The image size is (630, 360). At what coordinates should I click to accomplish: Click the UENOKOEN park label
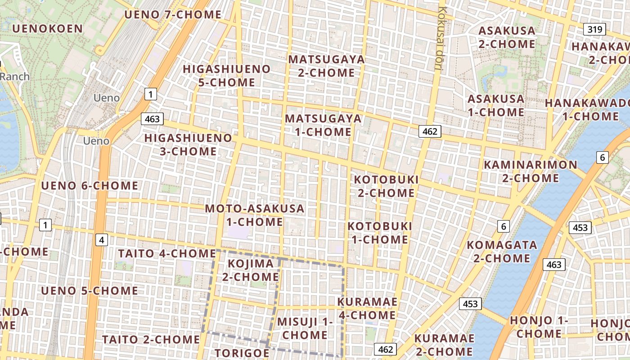48,29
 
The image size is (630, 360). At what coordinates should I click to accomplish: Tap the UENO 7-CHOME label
173,14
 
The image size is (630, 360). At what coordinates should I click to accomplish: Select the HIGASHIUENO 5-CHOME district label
226,76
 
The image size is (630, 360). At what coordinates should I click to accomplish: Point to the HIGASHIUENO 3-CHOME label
188,144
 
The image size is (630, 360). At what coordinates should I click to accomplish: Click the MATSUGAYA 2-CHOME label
326,66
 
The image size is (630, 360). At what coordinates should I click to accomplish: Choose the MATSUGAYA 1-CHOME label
323,125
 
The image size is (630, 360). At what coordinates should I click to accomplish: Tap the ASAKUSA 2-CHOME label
507,37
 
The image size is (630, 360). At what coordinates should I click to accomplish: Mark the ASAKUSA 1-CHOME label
496,105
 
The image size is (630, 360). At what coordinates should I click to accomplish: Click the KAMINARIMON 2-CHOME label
530,171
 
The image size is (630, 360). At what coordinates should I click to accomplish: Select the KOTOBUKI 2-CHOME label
386,186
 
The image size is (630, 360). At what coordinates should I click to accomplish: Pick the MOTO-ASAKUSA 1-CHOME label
255,215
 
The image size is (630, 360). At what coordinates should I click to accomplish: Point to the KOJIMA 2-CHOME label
251,270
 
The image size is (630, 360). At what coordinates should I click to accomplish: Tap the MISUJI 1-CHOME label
305,328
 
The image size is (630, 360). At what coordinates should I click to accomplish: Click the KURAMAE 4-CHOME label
367,308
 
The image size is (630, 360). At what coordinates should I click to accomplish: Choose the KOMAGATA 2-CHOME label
502,252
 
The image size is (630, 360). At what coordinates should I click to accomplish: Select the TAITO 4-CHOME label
167,253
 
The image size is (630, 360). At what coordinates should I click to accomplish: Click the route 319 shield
595,30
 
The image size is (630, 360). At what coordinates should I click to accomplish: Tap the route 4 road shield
102,240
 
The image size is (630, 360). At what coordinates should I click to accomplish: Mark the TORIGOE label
242,353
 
